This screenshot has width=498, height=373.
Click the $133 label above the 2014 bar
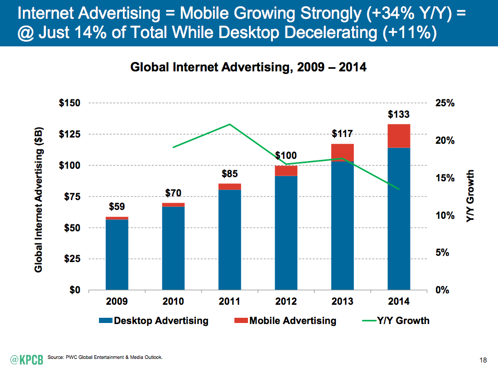coord(399,114)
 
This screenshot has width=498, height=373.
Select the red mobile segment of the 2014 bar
coord(399,136)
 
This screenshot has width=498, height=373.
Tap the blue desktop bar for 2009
coord(117,255)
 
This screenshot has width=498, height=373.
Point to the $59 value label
coord(117,206)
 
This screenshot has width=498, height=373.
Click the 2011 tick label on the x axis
coord(229,301)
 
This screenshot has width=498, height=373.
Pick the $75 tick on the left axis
coord(72,197)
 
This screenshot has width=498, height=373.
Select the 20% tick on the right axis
coord(445,141)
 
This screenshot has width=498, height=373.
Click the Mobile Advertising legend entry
coord(285,320)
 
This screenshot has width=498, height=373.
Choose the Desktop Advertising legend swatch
coord(105,320)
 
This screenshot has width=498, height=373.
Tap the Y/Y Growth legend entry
coord(396,320)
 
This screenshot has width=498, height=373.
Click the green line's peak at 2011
coord(230,124)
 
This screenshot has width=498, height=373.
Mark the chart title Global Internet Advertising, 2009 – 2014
coord(248,67)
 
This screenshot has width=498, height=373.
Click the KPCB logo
coord(27,359)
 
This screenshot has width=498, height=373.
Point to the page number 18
coord(483,360)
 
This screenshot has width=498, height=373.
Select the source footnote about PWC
coord(105,357)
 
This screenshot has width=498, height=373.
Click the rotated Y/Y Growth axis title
coord(470,196)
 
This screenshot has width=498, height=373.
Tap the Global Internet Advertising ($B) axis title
coord(39,200)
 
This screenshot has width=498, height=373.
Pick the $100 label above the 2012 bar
coord(286,155)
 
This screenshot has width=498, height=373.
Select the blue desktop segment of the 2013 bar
coord(342,226)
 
